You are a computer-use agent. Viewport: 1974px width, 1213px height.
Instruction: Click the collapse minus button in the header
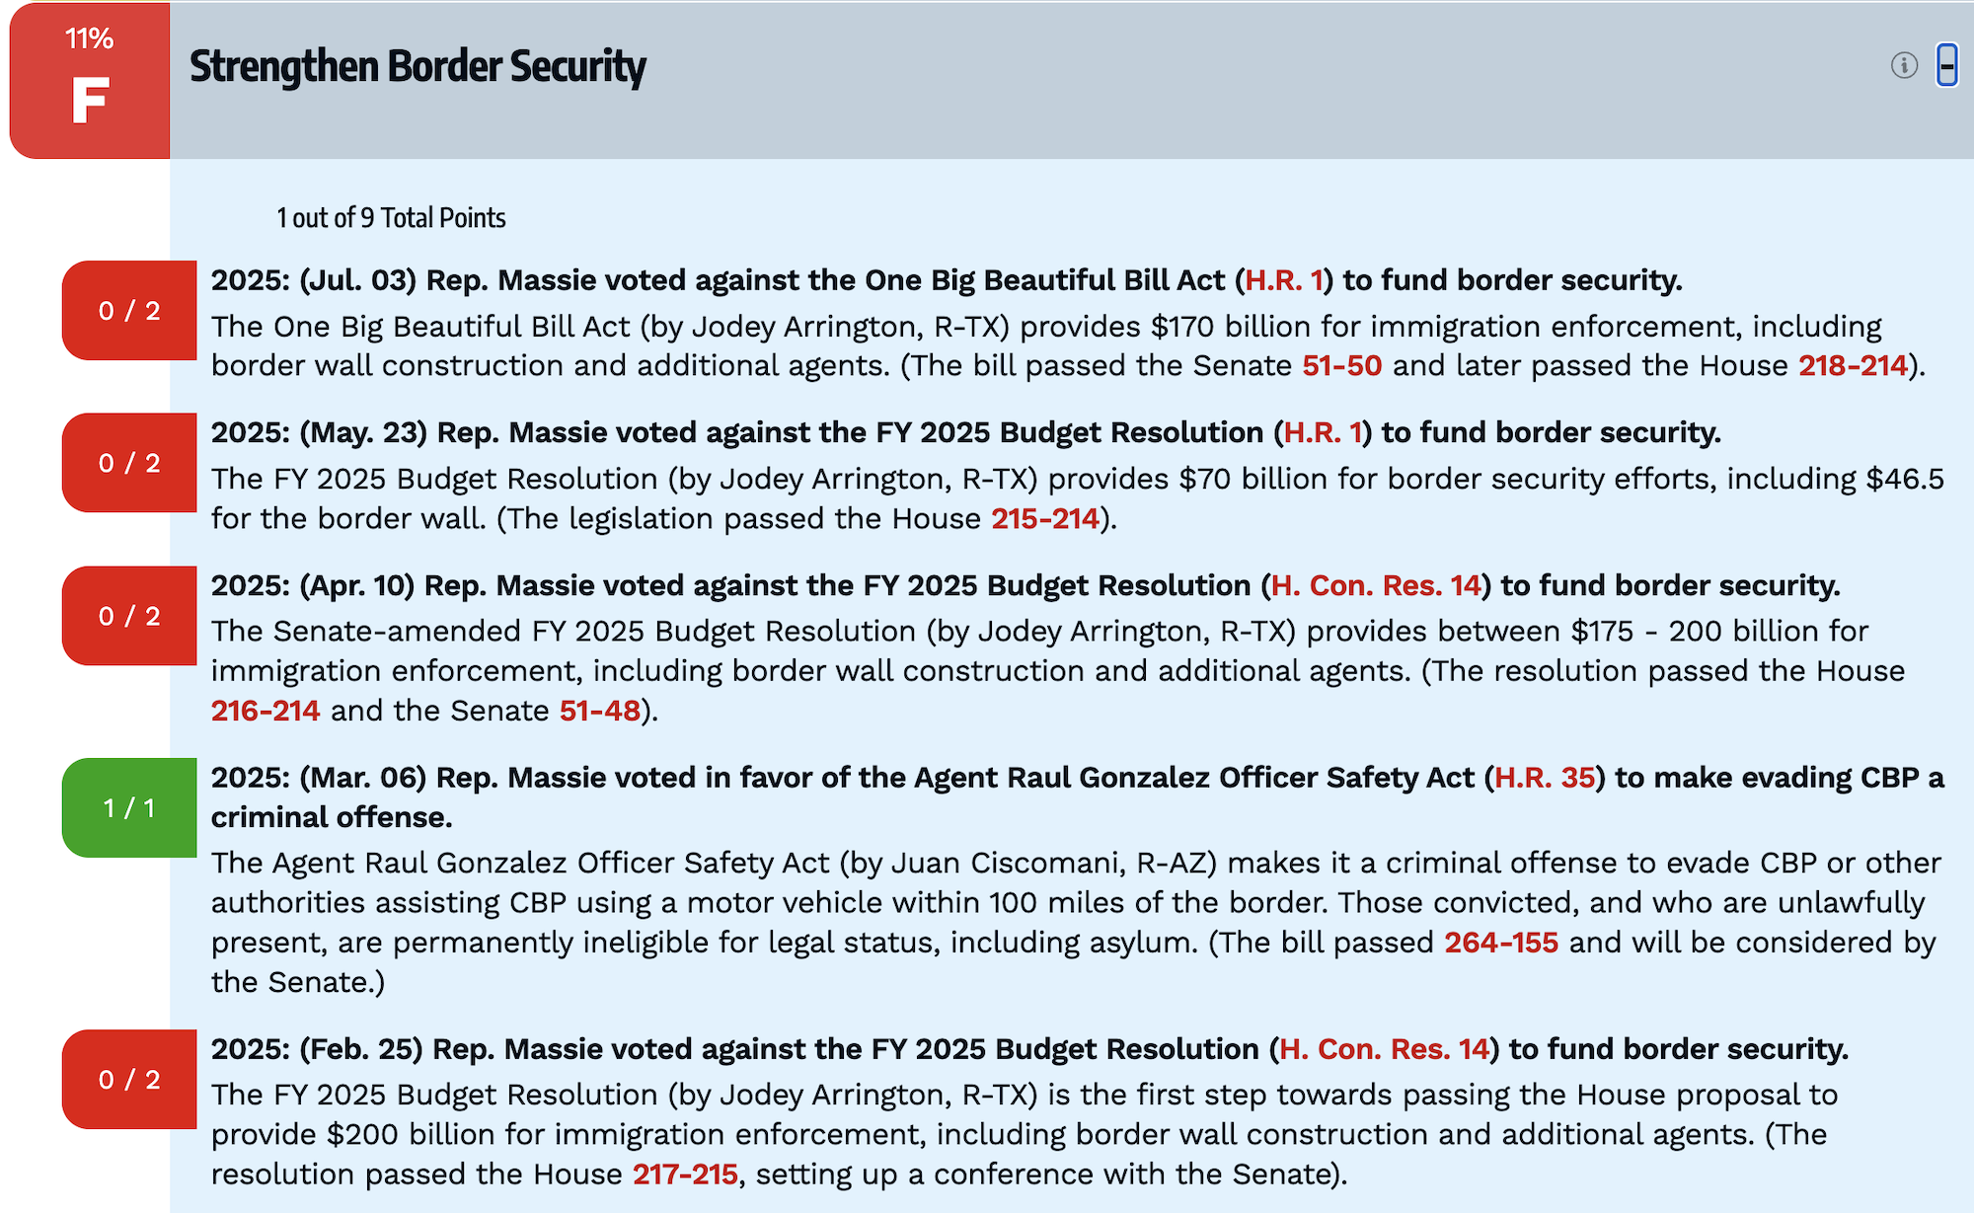pyautogui.click(x=1946, y=66)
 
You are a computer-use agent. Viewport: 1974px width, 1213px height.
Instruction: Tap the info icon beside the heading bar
pyautogui.click(x=1904, y=66)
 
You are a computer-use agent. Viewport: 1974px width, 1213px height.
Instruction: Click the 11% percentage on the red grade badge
pyautogui.click(x=89, y=38)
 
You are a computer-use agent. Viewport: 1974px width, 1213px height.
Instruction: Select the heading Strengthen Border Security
pyautogui.click(x=418, y=66)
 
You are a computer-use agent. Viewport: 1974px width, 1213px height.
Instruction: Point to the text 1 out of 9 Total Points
pyautogui.click(x=391, y=217)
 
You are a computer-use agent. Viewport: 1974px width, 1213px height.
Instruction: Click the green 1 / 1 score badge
pyautogui.click(x=129, y=807)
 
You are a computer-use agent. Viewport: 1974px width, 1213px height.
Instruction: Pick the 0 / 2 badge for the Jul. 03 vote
pyautogui.click(x=129, y=310)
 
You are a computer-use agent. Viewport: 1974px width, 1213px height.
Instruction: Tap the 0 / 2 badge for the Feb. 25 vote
pyautogui.click(x=129, y=1079)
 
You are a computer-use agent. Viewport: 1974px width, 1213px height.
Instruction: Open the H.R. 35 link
pyautogui.click(x=1545, y=778)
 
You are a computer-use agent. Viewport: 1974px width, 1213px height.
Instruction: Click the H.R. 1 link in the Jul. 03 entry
pyautogui.click(x=1283, y=280)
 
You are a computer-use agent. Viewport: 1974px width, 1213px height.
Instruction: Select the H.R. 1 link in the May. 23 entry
pyautogui.click(x=1323, y=432)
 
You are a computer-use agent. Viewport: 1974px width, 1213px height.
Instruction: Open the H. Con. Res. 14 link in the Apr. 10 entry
pyautogui.click(x=1376, y=585)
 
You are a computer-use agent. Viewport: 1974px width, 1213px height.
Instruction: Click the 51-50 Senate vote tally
pyautogui.click(x=1341, y=365)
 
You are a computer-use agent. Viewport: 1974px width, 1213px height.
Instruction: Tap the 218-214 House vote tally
pyautogui.click(x=1853, y=365)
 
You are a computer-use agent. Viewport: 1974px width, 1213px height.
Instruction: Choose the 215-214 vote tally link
pyautogui.click(x=1044, y=518)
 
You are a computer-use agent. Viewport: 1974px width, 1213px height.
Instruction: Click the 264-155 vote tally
pyautogui.click(x=1501, y=942)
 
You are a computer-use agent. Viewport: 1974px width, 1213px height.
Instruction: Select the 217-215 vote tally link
pyautogui.click(x=685, y=1174)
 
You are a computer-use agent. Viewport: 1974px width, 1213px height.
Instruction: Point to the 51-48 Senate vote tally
pyautogui.click(x=600, y=711)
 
